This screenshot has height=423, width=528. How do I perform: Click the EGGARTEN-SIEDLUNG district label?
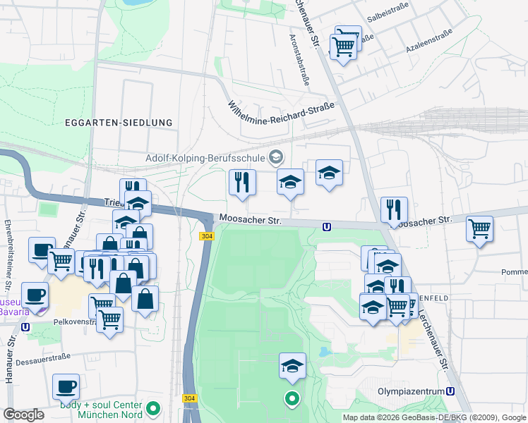click(x=119, y=123)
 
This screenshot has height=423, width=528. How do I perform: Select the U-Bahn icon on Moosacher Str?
click(x=326, y=226)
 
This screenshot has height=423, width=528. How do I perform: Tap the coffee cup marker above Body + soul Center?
click(x=66, y=386)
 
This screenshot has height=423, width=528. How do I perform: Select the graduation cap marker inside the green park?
click(x=292, y=365)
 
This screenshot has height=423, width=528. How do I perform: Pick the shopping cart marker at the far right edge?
click(x=480, y=228)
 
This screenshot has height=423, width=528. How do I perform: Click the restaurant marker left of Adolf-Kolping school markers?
click(x=242, y=182)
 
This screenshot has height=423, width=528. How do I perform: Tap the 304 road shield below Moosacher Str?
click(x=206, y=237)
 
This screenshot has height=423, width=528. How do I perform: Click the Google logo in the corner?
click(x=24, y=415)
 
